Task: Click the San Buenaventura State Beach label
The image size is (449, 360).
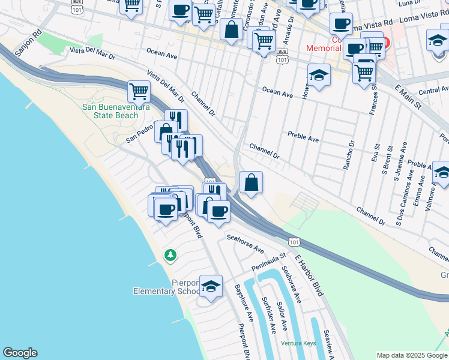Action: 110,111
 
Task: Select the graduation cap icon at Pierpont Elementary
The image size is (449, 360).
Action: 211,287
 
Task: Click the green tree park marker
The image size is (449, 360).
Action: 171,256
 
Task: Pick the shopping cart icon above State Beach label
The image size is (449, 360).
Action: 139,91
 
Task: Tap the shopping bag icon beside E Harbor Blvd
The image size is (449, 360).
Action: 251,182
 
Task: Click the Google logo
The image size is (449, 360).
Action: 20,353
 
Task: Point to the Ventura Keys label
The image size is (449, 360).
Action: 298,343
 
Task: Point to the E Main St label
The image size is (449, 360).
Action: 409,96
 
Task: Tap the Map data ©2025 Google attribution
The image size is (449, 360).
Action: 412,355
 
